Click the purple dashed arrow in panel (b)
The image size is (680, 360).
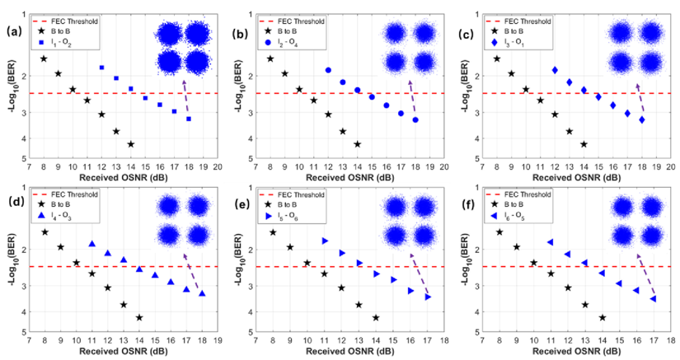coord(414,100)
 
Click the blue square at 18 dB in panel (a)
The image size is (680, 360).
coord(189,119)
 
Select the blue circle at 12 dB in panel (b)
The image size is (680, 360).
coord(328,71)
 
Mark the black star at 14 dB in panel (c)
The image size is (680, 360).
coord(584,144)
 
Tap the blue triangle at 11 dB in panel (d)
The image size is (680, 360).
coord(91,244)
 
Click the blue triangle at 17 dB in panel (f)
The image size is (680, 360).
coord(653,298)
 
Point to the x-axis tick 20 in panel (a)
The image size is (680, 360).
coord(218,166)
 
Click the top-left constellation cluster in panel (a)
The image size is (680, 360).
coord(169,34)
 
